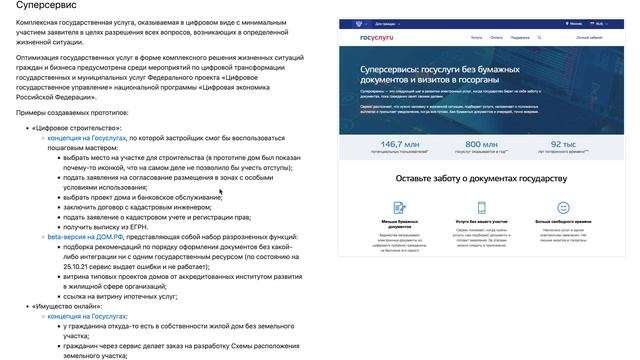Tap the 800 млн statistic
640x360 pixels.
(481, 144)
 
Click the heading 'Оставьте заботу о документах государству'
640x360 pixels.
(481, 178)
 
